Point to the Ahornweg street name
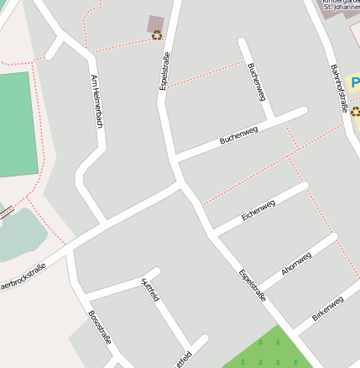pos(296,264)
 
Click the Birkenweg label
pos(327,308)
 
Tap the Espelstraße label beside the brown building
pos(164,71)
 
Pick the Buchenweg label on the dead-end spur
pos(257,81)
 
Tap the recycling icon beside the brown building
pos(157,35)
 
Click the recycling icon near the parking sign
pos(355,111)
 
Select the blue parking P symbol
pos(355,82)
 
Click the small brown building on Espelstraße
pos(156,24)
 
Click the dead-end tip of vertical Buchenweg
pos(242,41)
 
